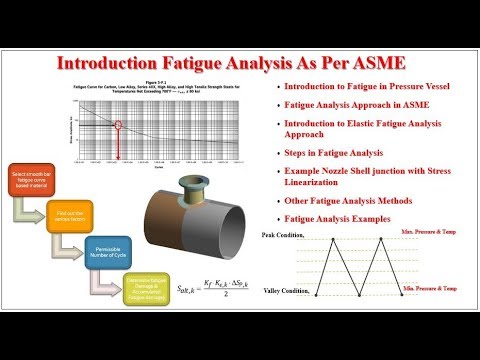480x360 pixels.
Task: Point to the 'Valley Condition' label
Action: coord(283,292)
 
